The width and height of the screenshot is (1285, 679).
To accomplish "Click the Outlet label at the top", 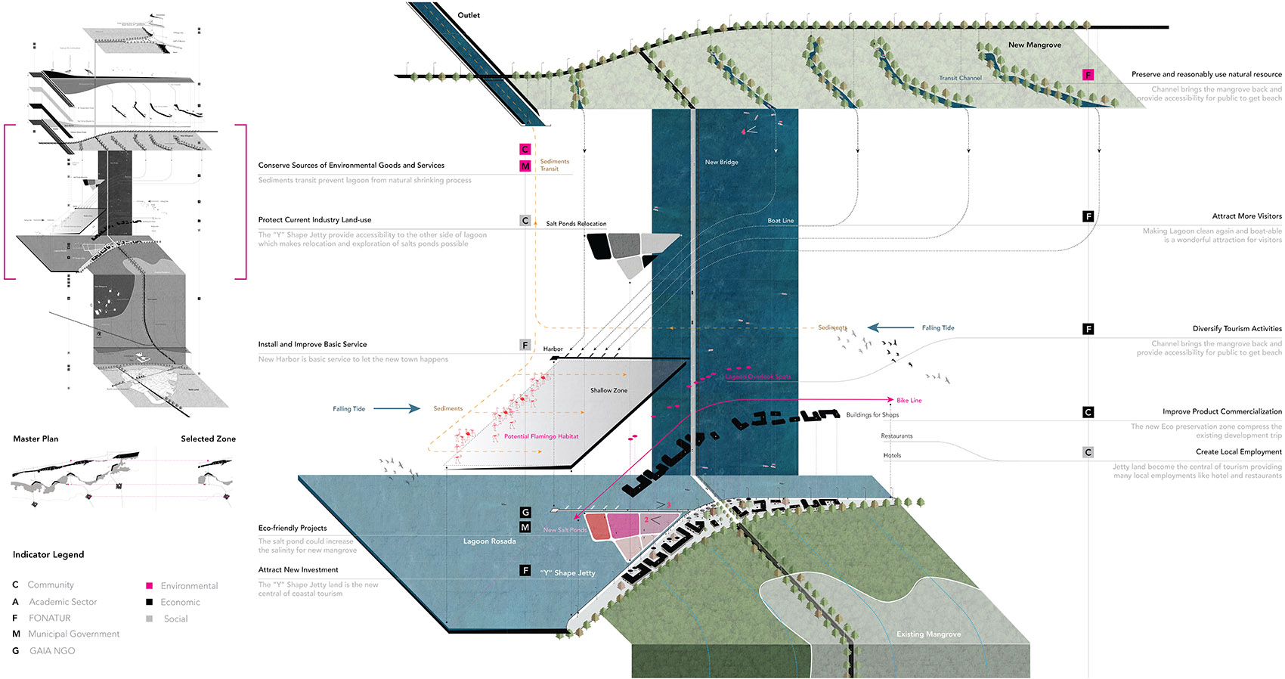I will click(x=469, y=15).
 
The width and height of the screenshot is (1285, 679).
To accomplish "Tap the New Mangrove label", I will click(x=1034, y=45).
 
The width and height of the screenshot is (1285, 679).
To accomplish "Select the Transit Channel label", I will click(x=960, y=78).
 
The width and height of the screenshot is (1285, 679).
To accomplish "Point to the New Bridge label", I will click(x=721, y=163).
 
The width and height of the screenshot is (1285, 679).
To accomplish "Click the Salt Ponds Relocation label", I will click(x=576, y=224).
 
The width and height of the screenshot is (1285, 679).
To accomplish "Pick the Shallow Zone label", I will click(x=608, y=391).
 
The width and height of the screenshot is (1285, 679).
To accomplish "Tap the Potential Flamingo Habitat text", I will click(x=541, y=437).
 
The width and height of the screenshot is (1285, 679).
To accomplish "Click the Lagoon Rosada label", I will click(x=489, y=541).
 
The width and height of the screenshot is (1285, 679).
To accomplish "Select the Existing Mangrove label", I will click(x=928, y=634).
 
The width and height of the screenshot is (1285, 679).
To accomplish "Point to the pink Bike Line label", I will click(x=909, y=401).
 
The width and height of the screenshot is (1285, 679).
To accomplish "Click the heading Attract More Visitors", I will click(x=1246, y=216).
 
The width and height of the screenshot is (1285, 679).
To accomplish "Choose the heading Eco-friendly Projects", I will click(x=293, y=529).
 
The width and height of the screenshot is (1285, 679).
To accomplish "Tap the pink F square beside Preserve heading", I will click(x=1088, y=75).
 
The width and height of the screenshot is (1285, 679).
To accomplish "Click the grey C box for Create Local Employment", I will click(x=1088, y=452).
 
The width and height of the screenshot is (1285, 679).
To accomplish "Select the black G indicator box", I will click(x=525, y=513).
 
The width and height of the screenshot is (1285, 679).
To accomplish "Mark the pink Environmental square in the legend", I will click(x=150, y=586).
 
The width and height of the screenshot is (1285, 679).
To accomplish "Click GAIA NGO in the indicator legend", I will click(x=52, y=651).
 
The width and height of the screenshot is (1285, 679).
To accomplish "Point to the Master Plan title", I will click(x=36, y=439).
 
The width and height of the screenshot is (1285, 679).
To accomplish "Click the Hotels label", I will click(x=892, y=456).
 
